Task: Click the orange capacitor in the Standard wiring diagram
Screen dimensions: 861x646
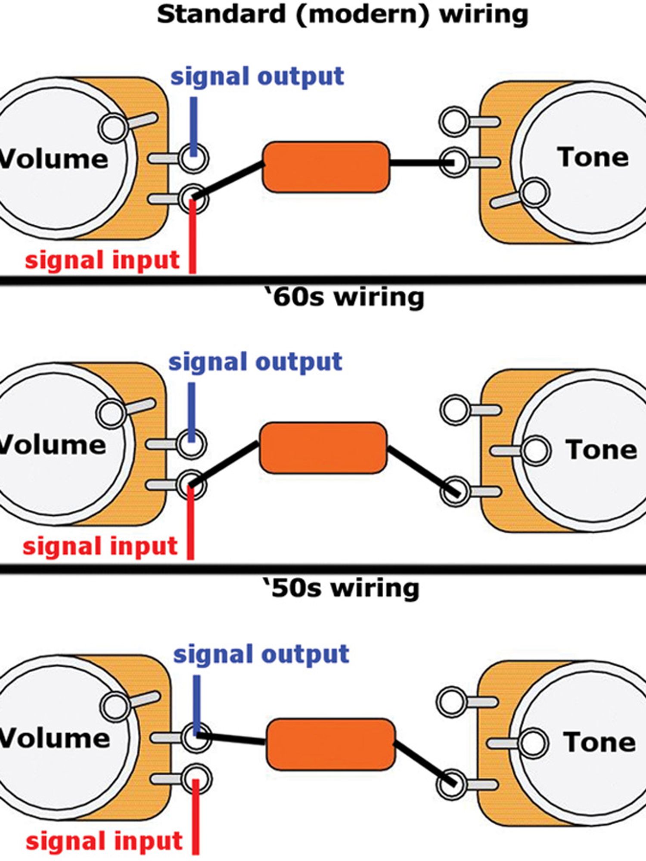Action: [326, 167]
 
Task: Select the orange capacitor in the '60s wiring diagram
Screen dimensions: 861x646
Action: [323, 448]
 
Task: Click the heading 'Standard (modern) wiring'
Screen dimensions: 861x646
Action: [342, 15]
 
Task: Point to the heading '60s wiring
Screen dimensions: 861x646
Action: [345, 297]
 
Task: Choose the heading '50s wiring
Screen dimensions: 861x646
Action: [341, 588]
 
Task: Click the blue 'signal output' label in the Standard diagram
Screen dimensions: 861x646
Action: [257, 77]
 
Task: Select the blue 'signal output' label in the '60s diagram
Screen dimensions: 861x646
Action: [255, 362]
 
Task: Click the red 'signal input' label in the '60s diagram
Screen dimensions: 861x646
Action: [100, 546]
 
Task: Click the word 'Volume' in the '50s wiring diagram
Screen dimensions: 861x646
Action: [54, 738]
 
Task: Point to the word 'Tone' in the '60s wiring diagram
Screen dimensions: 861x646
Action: [601, 450]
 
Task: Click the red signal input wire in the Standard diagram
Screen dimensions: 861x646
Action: [193, 237]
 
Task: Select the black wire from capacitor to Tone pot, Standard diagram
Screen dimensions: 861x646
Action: [420, 163]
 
